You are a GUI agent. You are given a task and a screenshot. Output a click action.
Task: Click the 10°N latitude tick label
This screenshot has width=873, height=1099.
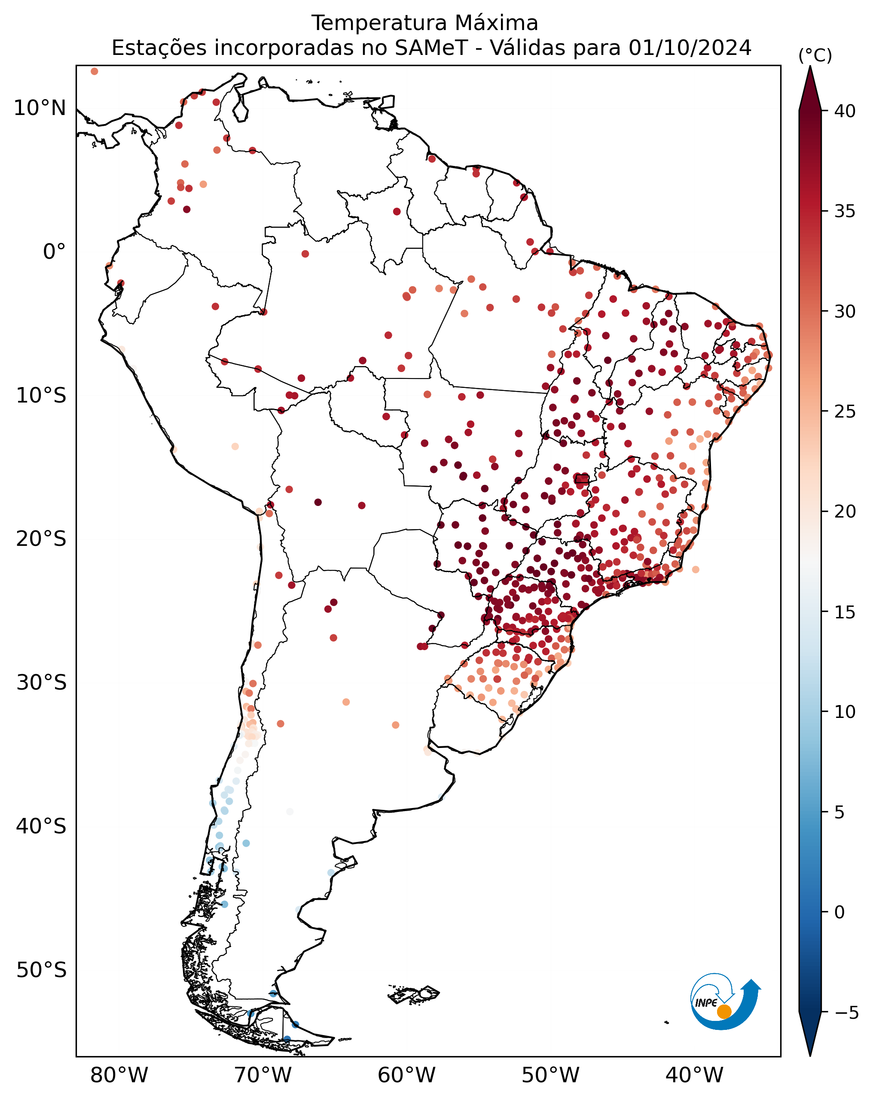click(40, 108)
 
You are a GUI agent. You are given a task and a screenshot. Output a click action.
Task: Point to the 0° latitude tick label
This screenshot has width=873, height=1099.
click(54, 252)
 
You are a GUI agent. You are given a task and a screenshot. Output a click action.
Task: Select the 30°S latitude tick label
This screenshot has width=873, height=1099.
click(41, 683)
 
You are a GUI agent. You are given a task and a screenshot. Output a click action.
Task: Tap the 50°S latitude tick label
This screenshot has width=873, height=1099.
click(41, 970)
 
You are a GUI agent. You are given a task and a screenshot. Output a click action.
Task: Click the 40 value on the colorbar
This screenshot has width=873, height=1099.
click(844, 111)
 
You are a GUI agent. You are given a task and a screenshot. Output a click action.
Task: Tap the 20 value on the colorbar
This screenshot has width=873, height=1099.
click(844, 511)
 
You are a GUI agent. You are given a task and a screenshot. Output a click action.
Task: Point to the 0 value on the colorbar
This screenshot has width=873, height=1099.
click(839, 912)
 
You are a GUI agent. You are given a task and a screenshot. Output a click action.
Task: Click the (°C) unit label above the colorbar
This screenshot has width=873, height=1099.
click(815, 55)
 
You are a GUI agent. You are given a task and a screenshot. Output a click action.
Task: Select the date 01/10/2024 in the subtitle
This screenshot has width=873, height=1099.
click(690, 48)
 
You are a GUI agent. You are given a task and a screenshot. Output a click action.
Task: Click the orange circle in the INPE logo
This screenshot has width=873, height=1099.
click(724, 1011)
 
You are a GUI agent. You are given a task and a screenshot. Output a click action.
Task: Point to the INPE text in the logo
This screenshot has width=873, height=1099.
click(706, 1002)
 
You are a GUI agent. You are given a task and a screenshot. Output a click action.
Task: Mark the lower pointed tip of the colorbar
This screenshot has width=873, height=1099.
click(810, 1056)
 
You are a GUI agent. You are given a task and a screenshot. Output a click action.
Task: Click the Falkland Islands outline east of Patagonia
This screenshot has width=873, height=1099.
click(413, 994)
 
